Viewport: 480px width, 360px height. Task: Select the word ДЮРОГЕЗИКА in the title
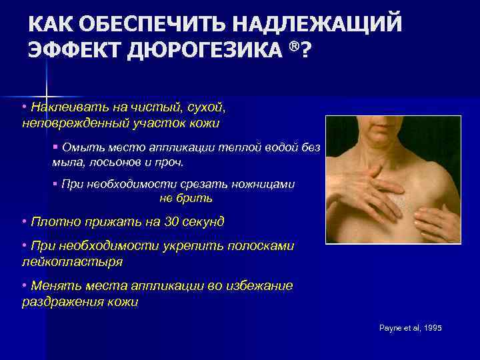pos(203,51)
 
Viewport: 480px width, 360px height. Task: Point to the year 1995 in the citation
pos(432,329)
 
